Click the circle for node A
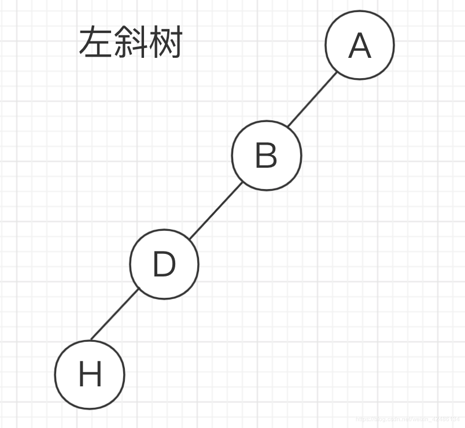coord(359,45)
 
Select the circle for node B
coord(266,155)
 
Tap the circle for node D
coord(164,264)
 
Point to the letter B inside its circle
coord(266,156)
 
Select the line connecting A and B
coord(312,99)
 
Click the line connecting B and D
coord(215,210)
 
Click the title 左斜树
coord(130,42)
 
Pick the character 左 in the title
coord(95,42)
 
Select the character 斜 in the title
coord(130,42)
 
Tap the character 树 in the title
coord(165,42)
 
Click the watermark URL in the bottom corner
coord(409,418)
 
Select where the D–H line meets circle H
coord(91,339)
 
